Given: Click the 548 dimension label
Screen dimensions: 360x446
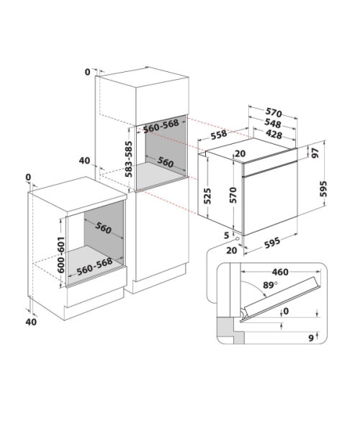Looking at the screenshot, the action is click(273, 123).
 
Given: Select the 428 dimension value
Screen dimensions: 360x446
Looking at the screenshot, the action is click(274, 134).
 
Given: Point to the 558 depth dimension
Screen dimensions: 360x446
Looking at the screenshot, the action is click(219, 135).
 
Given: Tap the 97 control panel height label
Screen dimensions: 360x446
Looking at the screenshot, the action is click(315, 153).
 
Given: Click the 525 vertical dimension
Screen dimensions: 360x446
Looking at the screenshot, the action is click(208, 196).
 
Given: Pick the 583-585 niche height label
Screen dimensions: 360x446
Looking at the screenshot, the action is click(129, 159).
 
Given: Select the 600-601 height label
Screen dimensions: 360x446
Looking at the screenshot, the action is click(61, 255).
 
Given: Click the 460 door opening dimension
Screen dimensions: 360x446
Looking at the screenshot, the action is click(280, 272).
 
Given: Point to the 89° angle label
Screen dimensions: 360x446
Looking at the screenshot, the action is click(270, 285).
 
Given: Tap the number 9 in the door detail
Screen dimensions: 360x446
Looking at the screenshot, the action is click(311, 338).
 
